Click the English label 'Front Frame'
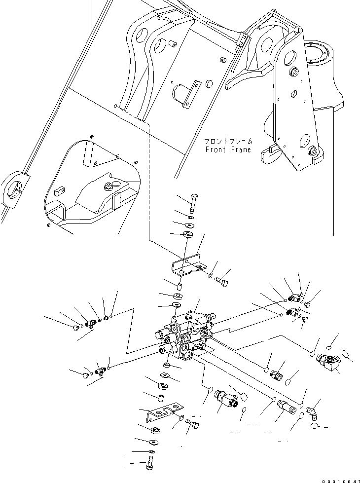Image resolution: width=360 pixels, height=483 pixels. tap(228, 149)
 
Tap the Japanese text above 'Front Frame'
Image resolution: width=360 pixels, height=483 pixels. tap(228, 141)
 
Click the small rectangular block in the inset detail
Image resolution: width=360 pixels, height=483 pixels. tap(60, 189)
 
